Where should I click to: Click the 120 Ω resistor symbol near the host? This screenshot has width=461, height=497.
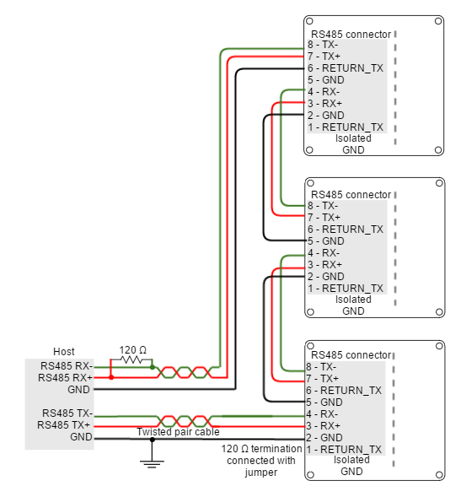[x=131, y=360]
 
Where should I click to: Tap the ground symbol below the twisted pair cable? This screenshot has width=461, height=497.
[x=152, y=462]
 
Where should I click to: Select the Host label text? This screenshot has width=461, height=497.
[x=64, y=351]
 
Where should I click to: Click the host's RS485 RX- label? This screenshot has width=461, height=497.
[x=65, y=365]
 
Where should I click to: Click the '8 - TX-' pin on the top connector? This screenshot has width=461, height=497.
[x=323, y=45]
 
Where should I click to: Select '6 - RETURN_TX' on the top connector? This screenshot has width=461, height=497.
[x=345, y=68]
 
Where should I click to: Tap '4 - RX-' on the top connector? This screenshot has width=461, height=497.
[x=323, y=92]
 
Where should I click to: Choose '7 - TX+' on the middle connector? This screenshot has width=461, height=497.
[x=323, y=217]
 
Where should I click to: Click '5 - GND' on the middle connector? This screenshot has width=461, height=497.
[x=325, y=240]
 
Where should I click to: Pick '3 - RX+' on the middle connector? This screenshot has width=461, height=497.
[x=324, y=264]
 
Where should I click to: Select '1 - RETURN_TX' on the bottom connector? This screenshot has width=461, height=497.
[x=345, y=450]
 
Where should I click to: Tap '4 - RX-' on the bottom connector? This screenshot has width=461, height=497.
[x=323, y=414]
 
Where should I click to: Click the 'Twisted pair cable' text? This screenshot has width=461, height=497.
[x=178, y=432]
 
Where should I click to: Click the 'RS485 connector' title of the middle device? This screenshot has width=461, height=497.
[x=351, y=194]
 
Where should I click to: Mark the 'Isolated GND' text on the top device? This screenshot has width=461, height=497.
[x=353, y=144]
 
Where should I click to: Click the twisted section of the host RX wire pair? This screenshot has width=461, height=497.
[x=185, y=371]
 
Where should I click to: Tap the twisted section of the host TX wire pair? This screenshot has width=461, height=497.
[x=185, y=419]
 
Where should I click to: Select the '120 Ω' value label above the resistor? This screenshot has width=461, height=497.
[x=132, y=349]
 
